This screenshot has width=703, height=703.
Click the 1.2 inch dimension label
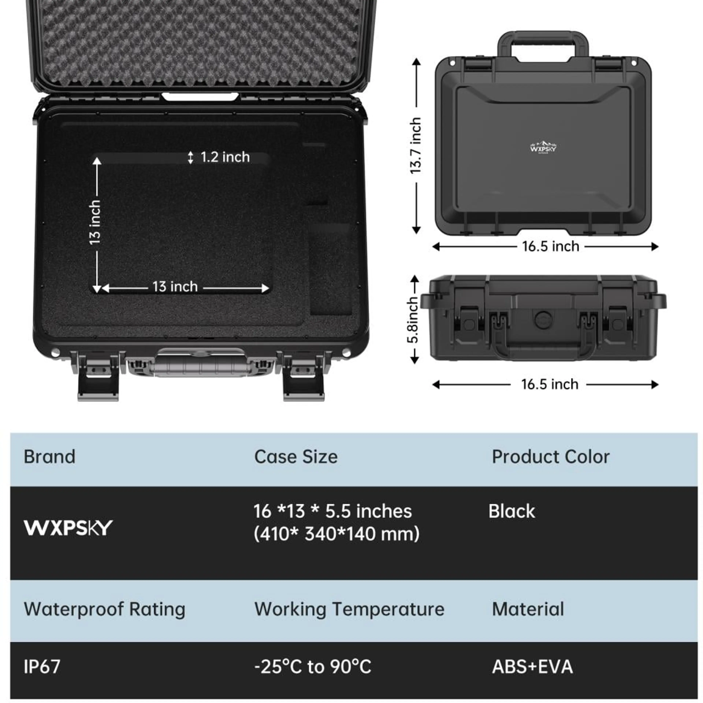coord(225,157)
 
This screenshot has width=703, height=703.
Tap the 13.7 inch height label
coord(415,146)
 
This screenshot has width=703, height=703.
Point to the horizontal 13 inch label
coord(175,287)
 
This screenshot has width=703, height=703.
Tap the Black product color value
coord(512,511)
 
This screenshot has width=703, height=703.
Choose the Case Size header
coord(296,457)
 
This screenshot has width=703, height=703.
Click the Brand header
coord(49,457)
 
